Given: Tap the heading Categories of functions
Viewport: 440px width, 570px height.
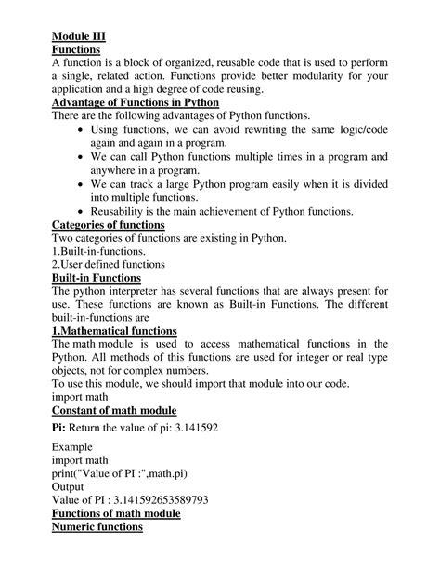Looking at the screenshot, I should tap(109, 225).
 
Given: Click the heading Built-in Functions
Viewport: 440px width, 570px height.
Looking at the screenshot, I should tap(97, 277).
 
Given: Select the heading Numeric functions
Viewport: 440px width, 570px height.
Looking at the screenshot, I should tap(97, 527).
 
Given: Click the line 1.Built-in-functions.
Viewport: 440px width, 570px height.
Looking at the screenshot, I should tap(98, 251).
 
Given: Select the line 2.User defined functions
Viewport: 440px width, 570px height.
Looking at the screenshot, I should tap(108, 264).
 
